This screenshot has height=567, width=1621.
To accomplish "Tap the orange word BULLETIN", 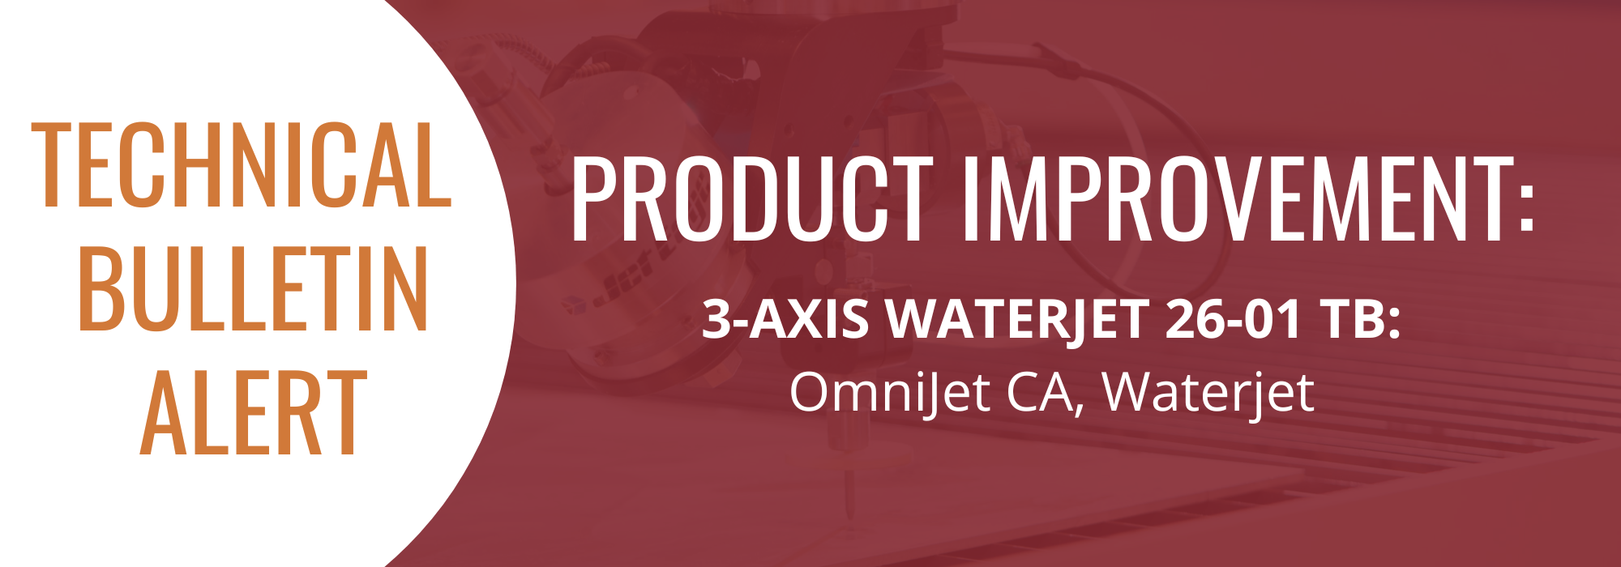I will tap(253, 290).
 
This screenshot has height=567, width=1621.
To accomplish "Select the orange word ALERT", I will tap(253, 412).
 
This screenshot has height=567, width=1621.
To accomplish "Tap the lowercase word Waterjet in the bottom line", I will tap(1208, 393).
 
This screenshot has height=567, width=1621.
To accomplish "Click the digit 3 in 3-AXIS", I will tap(716, 319).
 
